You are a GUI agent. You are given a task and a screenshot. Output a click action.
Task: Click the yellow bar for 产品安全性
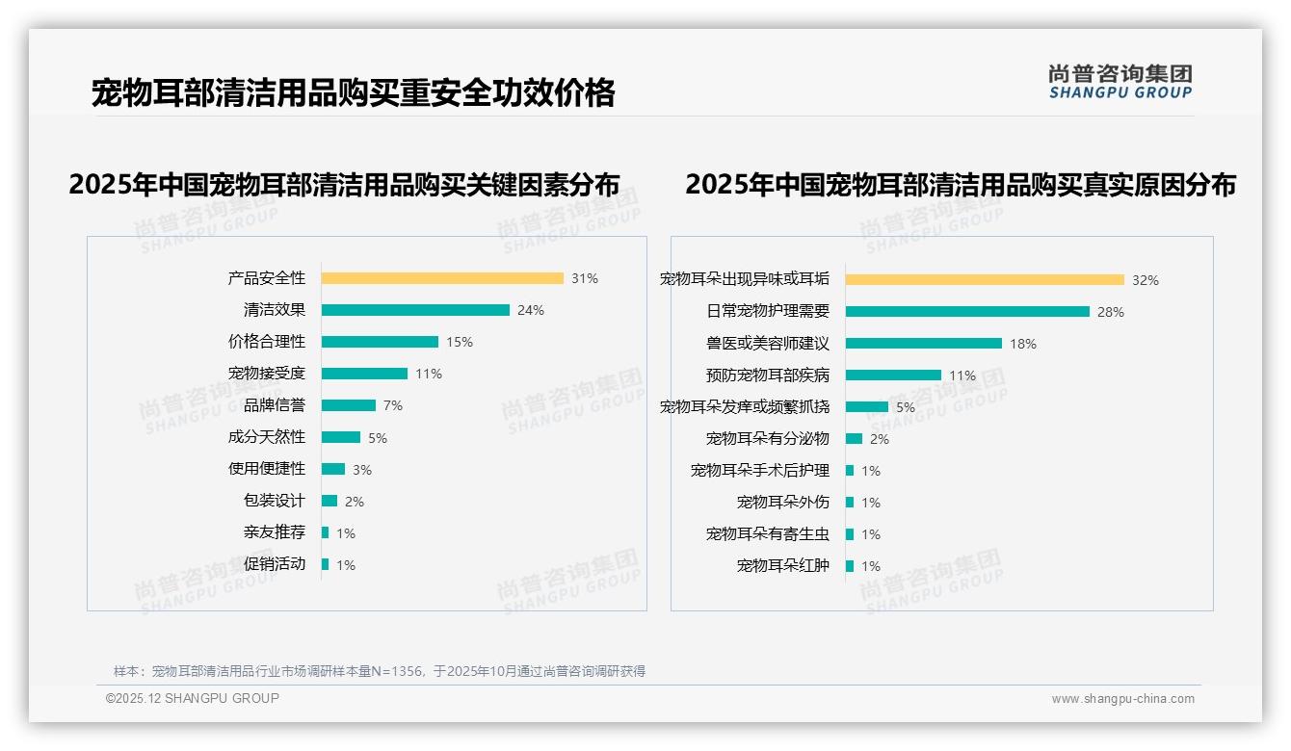(442, 278)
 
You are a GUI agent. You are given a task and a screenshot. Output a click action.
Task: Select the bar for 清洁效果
(415, 310)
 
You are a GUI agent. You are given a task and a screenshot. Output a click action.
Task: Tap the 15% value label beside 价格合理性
(460, 342)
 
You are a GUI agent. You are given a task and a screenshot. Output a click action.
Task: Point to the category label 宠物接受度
(267, 374)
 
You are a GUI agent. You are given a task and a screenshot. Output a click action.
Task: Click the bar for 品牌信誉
(349, 405)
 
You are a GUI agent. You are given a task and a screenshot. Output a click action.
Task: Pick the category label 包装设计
(275, 501)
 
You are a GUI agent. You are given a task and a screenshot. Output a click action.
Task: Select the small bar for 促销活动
(326, 564)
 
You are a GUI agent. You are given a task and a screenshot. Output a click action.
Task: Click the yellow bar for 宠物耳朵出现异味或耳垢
(985, 280)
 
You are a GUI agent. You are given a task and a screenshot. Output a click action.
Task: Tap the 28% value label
(1111, 312)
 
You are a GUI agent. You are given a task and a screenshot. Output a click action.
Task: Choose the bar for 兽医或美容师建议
(924, 343)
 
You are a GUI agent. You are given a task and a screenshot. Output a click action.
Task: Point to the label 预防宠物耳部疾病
(768, 375)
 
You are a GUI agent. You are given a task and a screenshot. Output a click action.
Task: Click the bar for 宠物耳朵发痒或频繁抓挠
(867, 407)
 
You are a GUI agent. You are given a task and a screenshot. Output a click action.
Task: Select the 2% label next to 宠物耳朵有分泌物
(880, 439)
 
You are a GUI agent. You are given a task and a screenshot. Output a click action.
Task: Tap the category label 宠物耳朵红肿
(783, 566)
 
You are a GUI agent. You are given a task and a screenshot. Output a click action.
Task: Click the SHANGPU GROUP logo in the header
(1120, 82)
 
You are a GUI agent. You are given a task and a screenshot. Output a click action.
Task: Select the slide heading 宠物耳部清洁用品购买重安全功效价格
(353, 93)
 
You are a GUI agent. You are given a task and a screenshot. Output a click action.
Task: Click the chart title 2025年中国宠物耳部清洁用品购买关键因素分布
(344, 185)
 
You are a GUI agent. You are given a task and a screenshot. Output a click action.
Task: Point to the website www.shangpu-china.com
(1122, 699)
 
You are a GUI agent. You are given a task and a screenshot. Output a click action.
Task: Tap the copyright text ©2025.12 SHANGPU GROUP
(193, 698)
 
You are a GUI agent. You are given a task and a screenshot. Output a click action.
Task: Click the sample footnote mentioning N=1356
(380, 671)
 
